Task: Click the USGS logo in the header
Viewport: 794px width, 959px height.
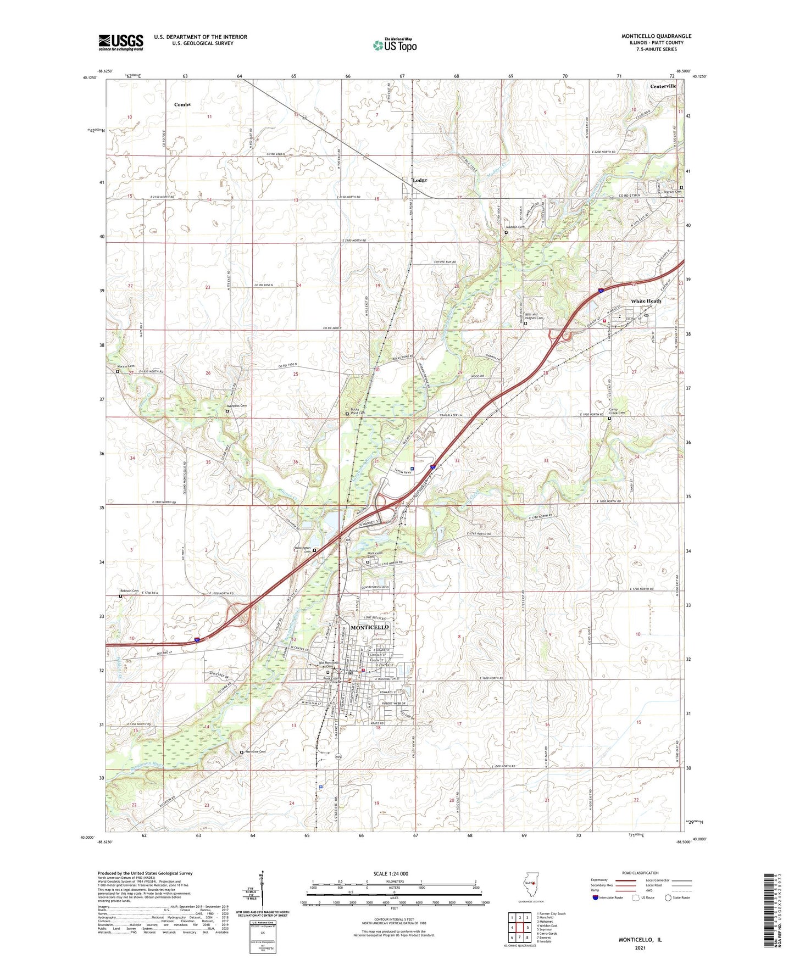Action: point(121,42)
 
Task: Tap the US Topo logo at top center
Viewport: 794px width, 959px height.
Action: point(395,45)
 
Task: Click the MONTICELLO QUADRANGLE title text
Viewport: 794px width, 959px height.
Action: point(656,36)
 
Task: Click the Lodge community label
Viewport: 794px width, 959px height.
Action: point(420,180)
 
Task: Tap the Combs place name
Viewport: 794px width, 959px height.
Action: point(182,104)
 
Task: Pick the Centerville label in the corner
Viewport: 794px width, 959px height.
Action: point(663,86)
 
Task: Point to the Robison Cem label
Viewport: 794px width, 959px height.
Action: point(130,591)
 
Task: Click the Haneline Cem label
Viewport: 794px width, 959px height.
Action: point(255,751)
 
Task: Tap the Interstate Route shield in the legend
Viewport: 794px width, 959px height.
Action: point(596,897)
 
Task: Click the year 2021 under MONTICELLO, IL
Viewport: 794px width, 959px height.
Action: point(640,947)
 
